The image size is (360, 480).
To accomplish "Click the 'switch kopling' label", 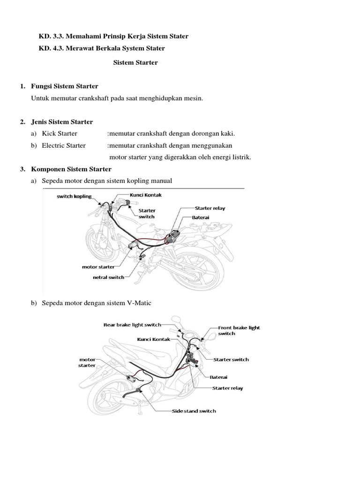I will point(74,196).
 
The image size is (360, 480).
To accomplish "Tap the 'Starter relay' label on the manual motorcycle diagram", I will point(210,208).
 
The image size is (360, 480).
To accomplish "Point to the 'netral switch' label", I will point(108,277).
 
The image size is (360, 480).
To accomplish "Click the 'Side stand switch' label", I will point(193,411).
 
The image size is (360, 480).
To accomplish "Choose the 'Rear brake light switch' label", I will point(132,324).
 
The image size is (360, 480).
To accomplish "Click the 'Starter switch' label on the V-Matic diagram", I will point(231,360).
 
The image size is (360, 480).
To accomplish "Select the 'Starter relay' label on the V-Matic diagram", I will point(228,388).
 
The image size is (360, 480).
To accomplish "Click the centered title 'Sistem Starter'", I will point(135,62).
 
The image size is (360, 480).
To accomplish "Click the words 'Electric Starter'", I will point(64,145).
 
